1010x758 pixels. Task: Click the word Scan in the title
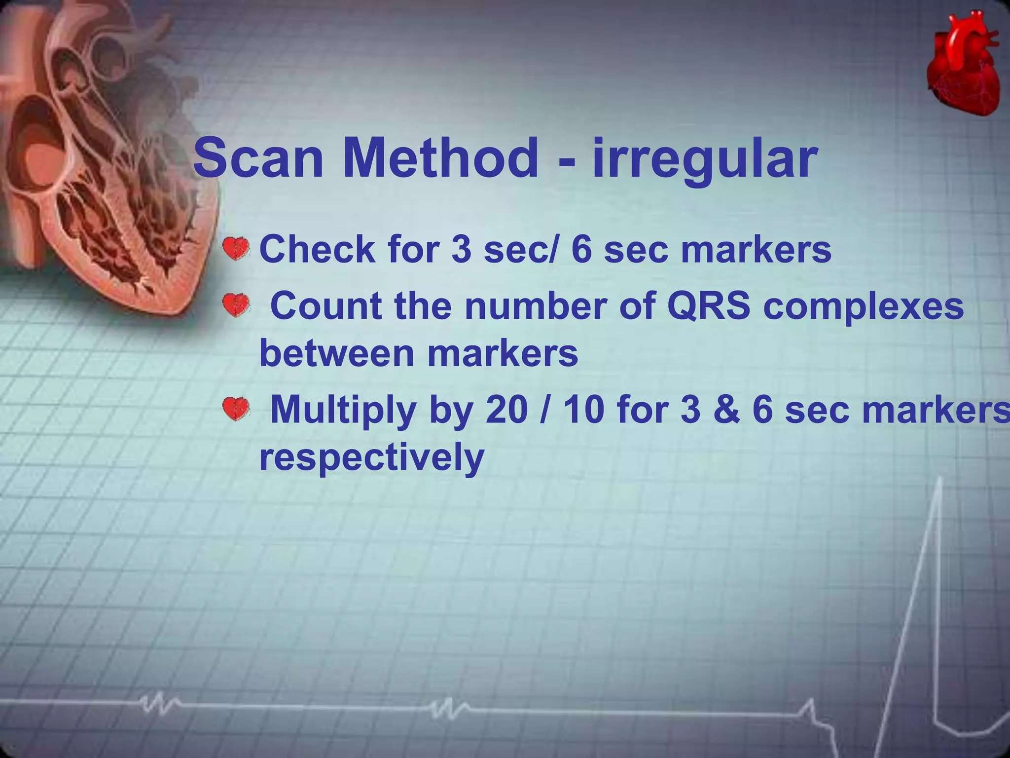(x=258, y=158)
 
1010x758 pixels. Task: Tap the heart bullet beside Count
(x=236, y=305)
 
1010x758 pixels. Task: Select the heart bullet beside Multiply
(x=236, y=409)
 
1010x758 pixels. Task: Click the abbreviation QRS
(x=708, y=306)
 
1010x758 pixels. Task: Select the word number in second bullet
(x=536, y=306)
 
